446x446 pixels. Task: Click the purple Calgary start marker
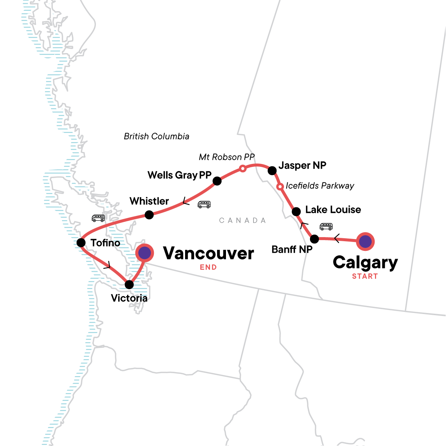pyautogui.click(x=365, y=242)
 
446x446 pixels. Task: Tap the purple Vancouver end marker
pyautogui.click(x=144, y=253)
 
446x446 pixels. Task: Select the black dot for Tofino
pyautogui.click(x=81, y=243)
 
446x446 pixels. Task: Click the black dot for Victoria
pyautogui.click(x=129, y=285)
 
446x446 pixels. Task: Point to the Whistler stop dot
pyautogui.click(x=149, y=214)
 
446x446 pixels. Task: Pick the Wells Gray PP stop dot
pyautogui.click(x=217, y=181)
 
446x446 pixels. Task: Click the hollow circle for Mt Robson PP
pyautogui.click(x=242, y=169)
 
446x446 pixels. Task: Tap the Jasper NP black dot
pyautogui.click(x=272, y=171)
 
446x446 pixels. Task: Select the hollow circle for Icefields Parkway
pyautogui.click(x=280, y=186)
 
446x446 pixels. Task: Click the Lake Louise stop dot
pyautogui.click(x=296, y=212)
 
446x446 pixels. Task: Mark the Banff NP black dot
pyautogui.click(x=314, y=239)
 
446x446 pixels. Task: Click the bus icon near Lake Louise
pyautogui.click(x=326, y=226)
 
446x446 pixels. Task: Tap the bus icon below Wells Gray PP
pyautogui.click(x=204, y=204)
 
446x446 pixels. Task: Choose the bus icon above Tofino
pyautogui.click(x=98, y=218)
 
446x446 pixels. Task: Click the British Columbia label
pyautogui.click(x=156, y=136)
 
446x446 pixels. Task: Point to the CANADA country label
pyautogui.click(x=242, y=220)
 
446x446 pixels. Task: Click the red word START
pyautogui.click(x=365, y=276)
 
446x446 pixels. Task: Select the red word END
pyautogui.click(x=208, y=267)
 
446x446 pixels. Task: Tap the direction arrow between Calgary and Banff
pyautogui.click(x=337, y=239)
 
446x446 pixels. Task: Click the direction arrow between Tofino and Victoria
pyautogui.click(x=108, y=265)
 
